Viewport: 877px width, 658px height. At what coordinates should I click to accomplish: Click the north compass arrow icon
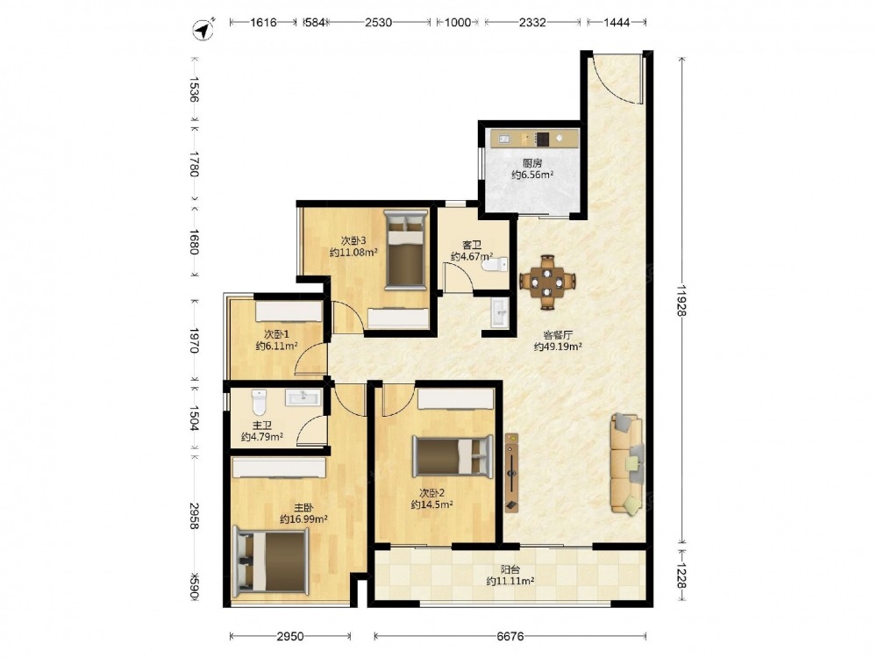point(203,29)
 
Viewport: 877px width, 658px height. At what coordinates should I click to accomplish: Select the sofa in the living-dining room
point(627,464)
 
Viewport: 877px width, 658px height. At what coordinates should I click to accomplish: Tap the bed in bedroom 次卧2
point(453,456)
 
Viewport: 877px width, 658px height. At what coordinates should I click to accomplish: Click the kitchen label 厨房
point(532,163)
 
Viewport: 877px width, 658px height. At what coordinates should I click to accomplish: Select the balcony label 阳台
point(510,569)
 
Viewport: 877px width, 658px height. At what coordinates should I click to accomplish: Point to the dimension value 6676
point(510,636)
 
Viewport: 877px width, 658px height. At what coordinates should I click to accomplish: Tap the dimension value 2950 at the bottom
point(290,636)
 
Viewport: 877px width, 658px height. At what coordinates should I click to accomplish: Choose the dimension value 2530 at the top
point(378,23)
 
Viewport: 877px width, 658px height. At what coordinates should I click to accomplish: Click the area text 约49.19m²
point(558,347)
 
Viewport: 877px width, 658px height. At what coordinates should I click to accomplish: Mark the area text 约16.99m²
point(303,519)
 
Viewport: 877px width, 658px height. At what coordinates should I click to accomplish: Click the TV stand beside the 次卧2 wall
point(511,473)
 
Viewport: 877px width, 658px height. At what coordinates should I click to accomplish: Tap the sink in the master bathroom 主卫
point(303,397)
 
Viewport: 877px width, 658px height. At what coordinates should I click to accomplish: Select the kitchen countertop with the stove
point(534,138)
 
